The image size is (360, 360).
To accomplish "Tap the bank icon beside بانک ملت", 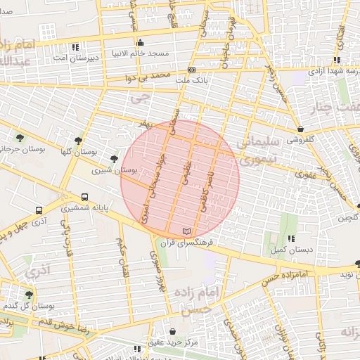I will pos(191,70).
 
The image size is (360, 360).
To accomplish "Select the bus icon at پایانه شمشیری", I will pos(85,198).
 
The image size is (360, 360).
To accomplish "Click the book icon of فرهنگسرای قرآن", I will pos(186,231).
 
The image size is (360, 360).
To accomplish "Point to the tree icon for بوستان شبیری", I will pos(115,159).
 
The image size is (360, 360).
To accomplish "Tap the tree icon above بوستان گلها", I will pos(78,140).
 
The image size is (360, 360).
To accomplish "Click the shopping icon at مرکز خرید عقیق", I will pos(173,331).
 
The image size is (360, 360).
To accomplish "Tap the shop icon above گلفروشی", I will pos(301,129).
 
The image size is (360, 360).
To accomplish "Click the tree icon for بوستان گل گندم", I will pos(29,295).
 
